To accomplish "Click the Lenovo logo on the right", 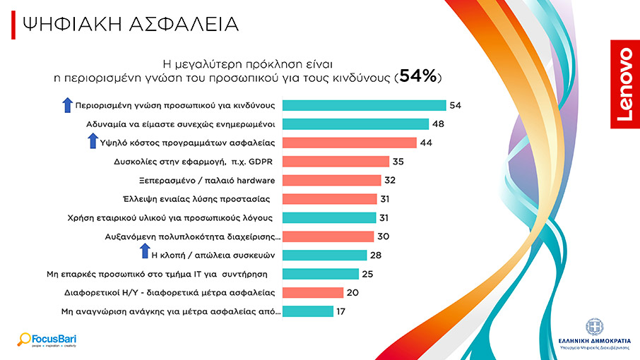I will (x=624, y=85).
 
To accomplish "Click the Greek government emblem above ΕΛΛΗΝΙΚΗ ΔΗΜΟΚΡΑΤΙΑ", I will (x=593, y=326).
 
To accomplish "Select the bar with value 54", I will (x=364, y=105).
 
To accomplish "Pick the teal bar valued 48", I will (x=355, y=124).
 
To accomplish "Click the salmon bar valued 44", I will (x=348, y=143).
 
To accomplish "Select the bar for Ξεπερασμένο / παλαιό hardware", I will (x=331, y=180).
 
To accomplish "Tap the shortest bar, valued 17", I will (x=307, y=311).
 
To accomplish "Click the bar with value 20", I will (x=312, y=292).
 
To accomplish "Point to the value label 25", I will (x=367, y=274).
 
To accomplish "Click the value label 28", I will (x=377, y=255).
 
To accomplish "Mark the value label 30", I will (x=384, y=236).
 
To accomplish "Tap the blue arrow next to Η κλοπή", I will (x=144, y=252).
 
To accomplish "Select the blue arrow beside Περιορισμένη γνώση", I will (x=67, y=105).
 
